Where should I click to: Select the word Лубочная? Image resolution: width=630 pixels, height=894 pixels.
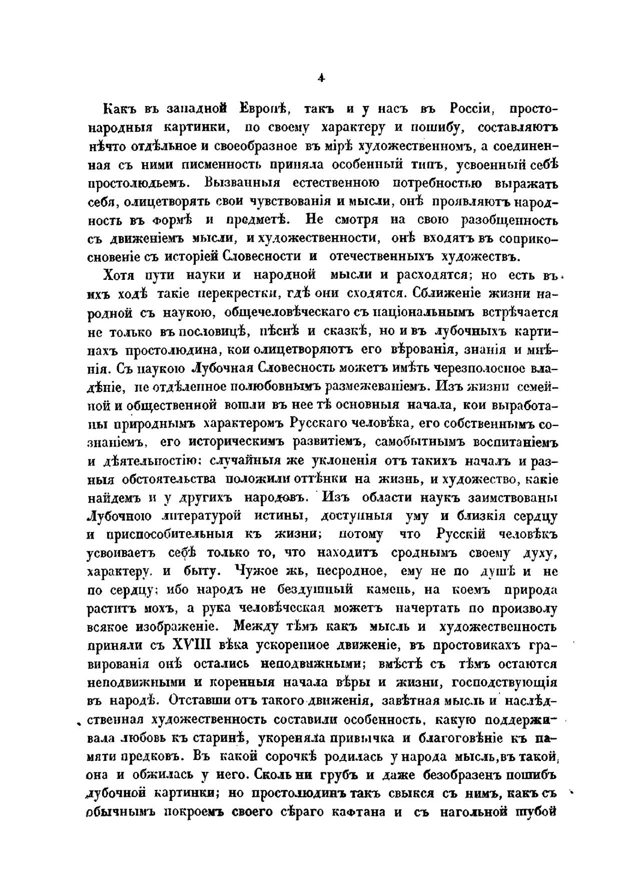coord(224,368)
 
